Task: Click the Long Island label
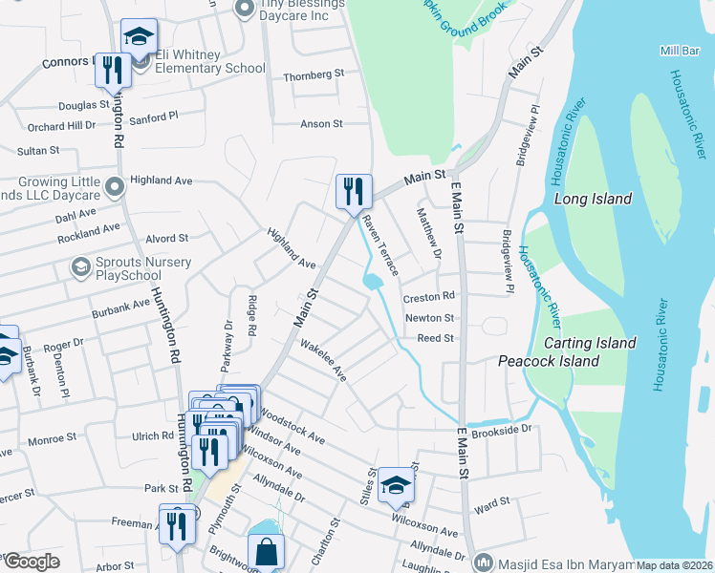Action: [x=593, y=199]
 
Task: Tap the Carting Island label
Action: [x=590, y=343]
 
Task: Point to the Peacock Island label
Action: [x=549, y=361]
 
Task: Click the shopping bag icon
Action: [x=266, y=551]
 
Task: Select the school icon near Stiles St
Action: [x=395, y=485]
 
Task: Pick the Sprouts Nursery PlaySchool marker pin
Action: [x=80, y=265]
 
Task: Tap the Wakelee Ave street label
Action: [x=323, y=360]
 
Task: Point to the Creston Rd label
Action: [x=428, y=297]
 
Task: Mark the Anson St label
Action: [x=321, y=124]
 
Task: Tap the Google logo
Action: [x=31, y=562]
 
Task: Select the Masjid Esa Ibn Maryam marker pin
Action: [x=484, y=561]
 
